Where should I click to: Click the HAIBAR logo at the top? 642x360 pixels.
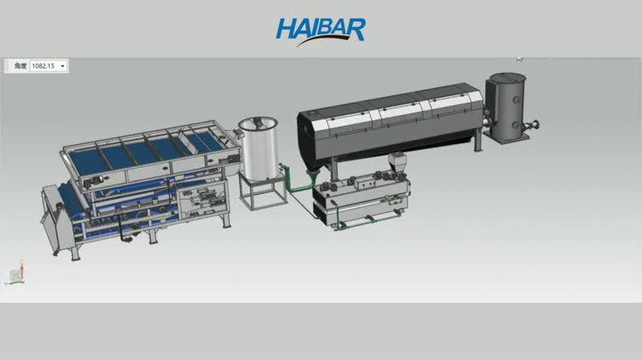tap(320, 29)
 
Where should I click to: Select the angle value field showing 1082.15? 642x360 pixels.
tap(43, 66)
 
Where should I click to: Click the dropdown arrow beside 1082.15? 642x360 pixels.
tap(63, 66)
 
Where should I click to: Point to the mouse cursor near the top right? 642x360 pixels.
tap(520, 59)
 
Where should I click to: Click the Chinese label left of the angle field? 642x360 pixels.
tap(18, 66)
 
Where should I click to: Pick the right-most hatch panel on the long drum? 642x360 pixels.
tap(453, 104)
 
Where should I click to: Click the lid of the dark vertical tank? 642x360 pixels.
tap(506, 79)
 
